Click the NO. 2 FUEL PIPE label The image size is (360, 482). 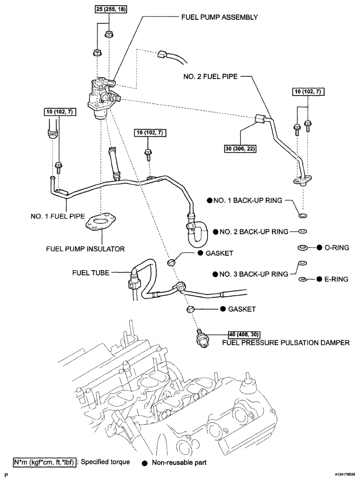(x=210, y=76)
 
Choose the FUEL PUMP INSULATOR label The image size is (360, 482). (x=85, y=249)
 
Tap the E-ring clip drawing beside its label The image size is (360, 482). (x=302, y=280)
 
